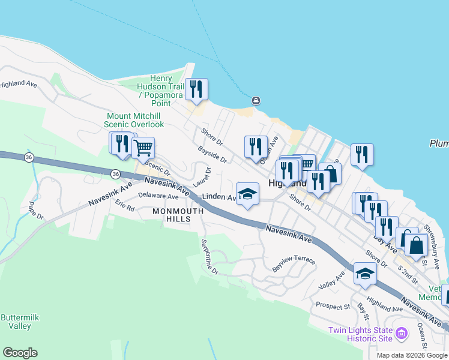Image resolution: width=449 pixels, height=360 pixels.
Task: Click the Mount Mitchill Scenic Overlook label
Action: pos(135,120)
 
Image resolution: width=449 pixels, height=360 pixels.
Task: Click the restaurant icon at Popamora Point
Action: pos(196,89)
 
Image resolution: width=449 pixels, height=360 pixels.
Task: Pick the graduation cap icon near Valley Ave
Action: pos(365,274)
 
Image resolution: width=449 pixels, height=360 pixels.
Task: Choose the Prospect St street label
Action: pos(333,307)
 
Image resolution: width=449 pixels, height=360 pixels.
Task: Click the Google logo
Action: pos(20,353)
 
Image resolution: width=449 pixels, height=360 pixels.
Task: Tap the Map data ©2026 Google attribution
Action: pos(411,355)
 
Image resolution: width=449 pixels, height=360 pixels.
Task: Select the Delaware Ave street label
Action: pos(158,196)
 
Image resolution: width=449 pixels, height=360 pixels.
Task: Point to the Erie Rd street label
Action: pos(125,206)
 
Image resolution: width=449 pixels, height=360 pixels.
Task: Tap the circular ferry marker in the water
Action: pos(256,100)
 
